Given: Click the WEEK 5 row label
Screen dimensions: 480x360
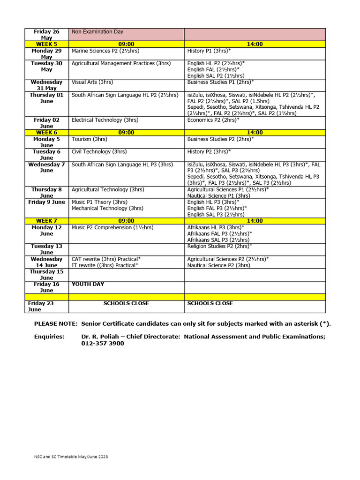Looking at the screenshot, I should click(46, 44).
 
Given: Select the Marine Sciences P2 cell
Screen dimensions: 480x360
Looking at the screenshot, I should click(105, 51).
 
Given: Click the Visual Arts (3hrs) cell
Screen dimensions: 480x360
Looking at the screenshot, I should click(92, 82).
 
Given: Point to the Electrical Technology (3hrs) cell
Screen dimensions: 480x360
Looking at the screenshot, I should click(105, 120).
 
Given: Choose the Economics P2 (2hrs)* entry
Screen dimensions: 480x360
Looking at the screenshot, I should click(214, 120).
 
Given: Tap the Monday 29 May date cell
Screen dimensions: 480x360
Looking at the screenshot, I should click(46, 53).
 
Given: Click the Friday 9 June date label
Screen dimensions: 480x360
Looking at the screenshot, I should click(46, 202).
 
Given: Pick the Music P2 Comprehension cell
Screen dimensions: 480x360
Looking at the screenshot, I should click(112, 227).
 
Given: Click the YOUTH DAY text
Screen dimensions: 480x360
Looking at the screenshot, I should click(88, 284).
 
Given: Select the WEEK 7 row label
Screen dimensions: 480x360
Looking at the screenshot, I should click(46, 221).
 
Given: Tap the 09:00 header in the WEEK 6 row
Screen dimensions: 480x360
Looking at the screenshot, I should click(126, 133).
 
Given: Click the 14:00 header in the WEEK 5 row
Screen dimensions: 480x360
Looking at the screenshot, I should click(255, 44).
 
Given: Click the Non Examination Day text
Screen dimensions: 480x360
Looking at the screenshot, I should click(97, 32).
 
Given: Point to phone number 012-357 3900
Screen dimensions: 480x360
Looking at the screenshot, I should click(103, 344).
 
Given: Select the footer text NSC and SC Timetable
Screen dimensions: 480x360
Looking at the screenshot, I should click(71, 457).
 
